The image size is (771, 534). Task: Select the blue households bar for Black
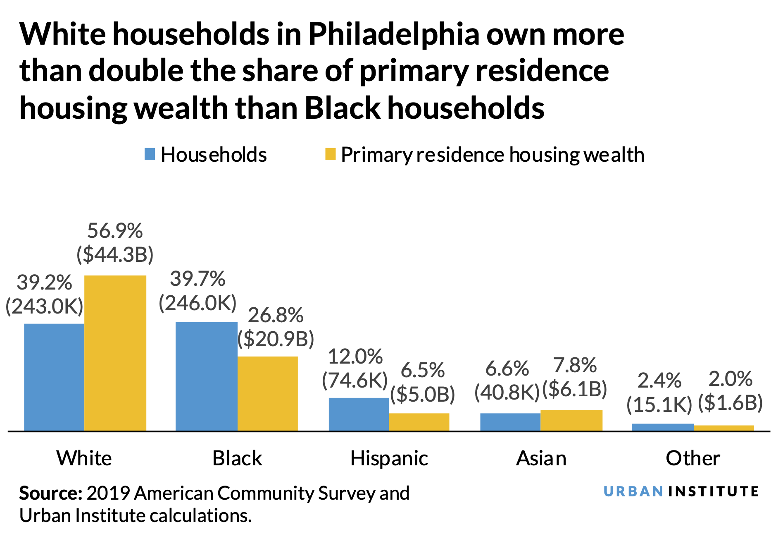click(x=206, y=376)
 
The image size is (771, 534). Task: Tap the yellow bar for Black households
click(x=268, y=393)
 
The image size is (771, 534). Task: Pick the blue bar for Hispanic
click(x=359, y=414)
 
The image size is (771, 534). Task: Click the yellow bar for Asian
click(x=571, y=420)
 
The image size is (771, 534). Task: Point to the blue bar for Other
click(x=663, y=427)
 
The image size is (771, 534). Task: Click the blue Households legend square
click(x=150, y=154)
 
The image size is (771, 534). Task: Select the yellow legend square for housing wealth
click(x=330, y=154)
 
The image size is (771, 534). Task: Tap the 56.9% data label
click(x=115, y=231)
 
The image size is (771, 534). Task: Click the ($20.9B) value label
click(x=276, y=338)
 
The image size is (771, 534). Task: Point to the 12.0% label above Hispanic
click(x=355, y=357)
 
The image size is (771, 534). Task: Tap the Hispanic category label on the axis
click(x=389, y=458)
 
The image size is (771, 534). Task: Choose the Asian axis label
click(x=541, y=458)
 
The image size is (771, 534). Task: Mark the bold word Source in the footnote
click(x=51, y=493)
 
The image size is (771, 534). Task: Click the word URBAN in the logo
click(x=633, y=491)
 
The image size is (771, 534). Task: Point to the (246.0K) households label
click(x=198, y=303)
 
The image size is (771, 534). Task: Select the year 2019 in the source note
click(x=109, y=493)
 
